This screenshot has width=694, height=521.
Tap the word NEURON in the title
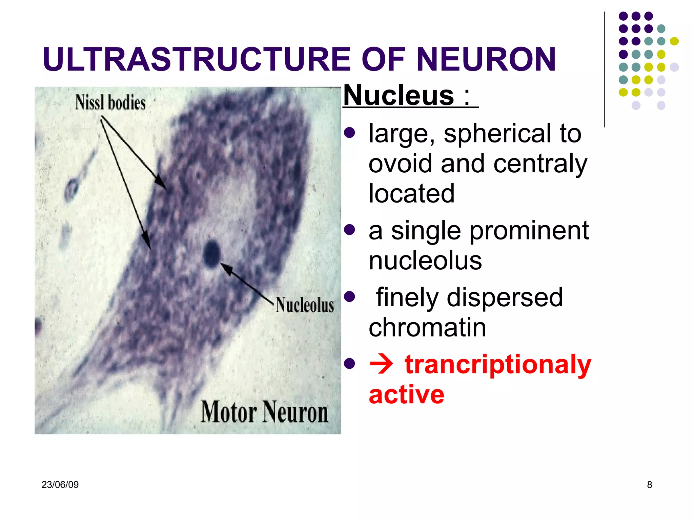[486, 59]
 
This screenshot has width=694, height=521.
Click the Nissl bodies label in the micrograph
[110, 102]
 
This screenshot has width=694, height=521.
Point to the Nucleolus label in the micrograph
[304, 305]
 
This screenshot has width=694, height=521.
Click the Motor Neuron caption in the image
[264, 412]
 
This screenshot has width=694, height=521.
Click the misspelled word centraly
[540, 164]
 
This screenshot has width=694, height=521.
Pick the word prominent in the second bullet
[529, 231]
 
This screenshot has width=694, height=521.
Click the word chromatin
[427, 328]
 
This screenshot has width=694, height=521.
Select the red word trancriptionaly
[497, 365]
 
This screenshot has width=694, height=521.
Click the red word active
[406, 394]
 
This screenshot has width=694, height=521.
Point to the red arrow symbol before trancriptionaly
[381, 365]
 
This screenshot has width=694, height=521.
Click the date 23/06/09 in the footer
[60, 484]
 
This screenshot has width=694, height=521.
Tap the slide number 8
[649, 484]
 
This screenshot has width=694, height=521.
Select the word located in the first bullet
[411, 193]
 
